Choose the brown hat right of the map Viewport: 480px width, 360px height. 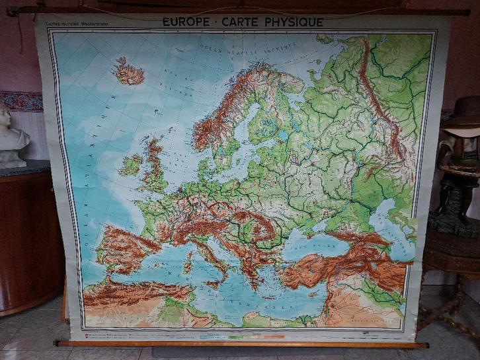[463, 112]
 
